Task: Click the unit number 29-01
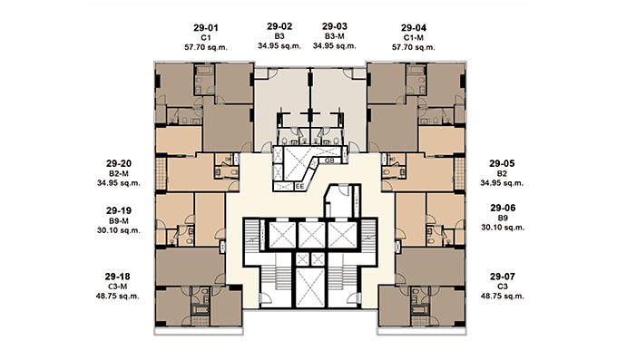206,28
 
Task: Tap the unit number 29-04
414,28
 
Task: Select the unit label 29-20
119,163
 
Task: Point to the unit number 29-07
503,277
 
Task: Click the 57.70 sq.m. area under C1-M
414,47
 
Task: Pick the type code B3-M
335,36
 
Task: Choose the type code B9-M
119,220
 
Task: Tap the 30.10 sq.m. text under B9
503,228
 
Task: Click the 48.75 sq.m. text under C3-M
118,296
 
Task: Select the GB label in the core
329,161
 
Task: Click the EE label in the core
299,187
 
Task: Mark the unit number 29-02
279,26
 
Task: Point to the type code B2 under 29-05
502,173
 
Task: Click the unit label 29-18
118,277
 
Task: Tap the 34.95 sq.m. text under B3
279,46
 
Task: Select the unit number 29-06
503,208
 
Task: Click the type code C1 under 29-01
206,38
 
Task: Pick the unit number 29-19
119,211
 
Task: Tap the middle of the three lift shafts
311,235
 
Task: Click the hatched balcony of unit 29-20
162,173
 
